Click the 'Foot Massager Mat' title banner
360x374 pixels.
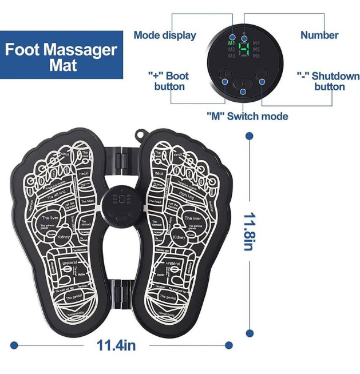(61, 56)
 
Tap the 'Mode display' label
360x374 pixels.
(164, 35)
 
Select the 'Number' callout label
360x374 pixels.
(319, 35)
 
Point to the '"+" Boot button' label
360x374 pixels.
(169, 81)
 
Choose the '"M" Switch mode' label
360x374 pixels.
(247, 116)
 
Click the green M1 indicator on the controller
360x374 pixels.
(231, 43)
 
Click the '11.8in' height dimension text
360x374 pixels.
(248, 232)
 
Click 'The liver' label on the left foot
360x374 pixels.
(49, 218)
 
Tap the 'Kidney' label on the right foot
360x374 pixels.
(178, 236)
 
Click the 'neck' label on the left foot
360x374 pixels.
(84, 173)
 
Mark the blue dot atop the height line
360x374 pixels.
(249, 136)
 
